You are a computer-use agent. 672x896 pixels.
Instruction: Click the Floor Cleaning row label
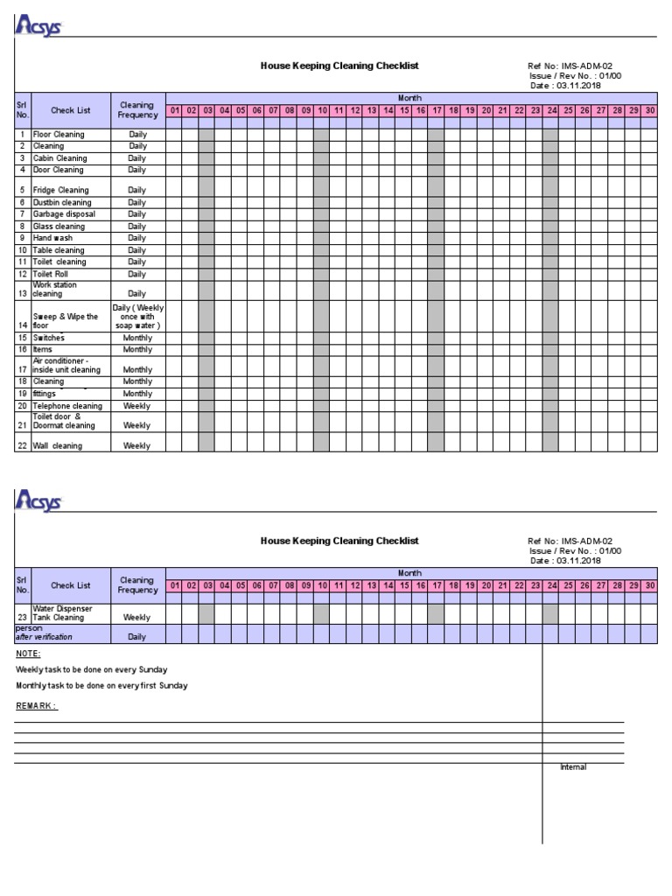59,135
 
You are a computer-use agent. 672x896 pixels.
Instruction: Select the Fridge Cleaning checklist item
60,190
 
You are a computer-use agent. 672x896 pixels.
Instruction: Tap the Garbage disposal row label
63,214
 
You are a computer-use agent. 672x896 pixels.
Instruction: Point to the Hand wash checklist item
54,238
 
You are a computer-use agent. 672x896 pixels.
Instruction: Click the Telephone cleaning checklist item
67,406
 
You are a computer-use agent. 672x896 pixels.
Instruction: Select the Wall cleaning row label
58,445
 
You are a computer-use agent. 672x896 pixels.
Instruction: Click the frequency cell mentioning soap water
137,317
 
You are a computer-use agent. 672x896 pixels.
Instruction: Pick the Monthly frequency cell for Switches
137,338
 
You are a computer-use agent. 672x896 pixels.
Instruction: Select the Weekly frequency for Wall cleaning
137,445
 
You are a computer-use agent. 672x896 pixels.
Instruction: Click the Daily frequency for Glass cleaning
137,227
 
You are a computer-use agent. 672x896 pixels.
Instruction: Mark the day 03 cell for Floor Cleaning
206,135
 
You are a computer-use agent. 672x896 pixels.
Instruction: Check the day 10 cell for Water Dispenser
321,612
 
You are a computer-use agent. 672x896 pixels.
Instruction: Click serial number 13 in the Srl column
23,294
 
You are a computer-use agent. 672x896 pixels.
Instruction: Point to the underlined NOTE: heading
28,654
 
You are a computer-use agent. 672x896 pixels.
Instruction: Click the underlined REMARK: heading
37,705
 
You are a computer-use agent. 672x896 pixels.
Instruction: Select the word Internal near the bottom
573,767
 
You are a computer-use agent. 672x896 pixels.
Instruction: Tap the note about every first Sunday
101,685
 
